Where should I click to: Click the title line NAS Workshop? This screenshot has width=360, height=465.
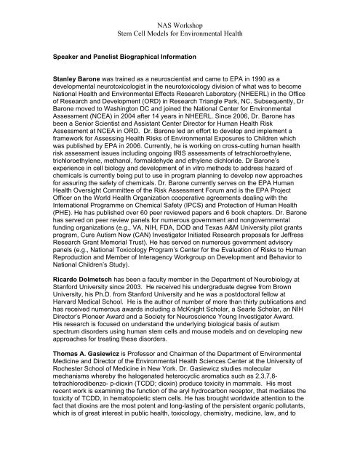180,23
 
